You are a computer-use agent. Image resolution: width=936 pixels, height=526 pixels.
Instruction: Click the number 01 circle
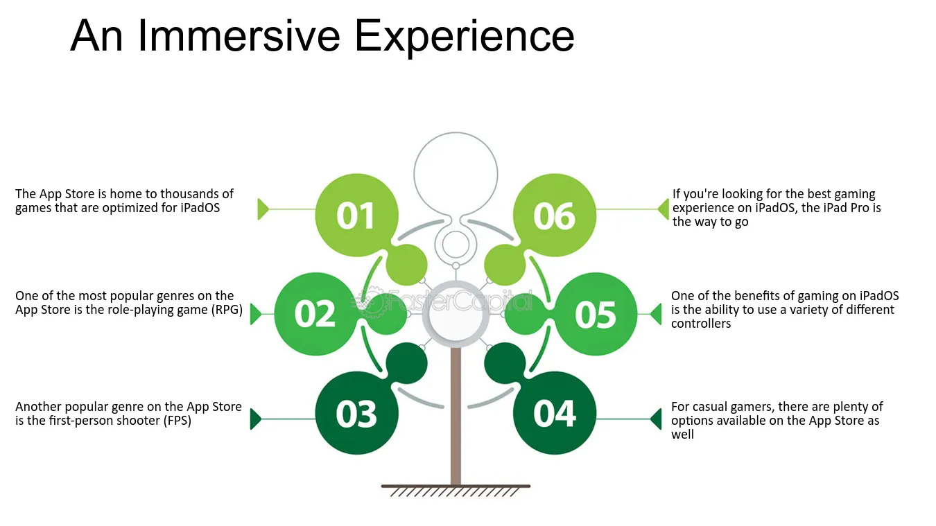coord(356,215)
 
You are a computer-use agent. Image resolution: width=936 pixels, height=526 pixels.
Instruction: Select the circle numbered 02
coord(315,314)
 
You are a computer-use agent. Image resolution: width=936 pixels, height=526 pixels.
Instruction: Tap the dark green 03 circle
coord(356,413)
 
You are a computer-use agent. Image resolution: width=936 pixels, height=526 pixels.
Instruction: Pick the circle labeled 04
coord(555,413)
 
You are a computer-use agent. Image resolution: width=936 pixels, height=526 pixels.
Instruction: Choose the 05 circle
coord(596,314)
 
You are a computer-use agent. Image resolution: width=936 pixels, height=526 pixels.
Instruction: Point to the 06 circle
coord(555,215)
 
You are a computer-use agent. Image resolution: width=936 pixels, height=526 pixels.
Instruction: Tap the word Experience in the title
coord(465,38)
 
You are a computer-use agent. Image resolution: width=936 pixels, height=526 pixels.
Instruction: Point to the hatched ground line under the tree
coord(456,486)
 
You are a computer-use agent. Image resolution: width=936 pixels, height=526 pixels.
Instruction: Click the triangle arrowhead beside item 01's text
coord(263,209)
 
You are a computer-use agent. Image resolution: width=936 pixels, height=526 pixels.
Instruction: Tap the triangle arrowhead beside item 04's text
coord(657,419)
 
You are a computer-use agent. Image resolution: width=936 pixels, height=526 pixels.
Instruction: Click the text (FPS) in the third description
coord(177,421)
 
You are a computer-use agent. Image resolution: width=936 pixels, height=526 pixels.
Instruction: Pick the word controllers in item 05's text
coord(701,324)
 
